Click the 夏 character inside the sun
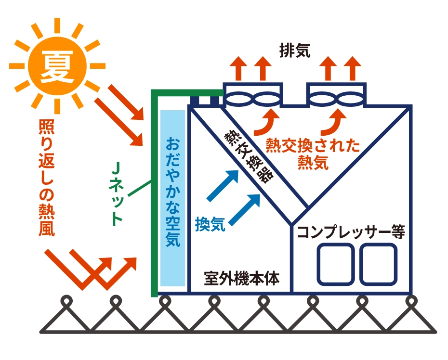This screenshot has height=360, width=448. pos(57,65)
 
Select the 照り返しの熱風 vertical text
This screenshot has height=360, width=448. pos(46,179)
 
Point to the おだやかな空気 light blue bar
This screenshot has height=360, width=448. pos(172,197)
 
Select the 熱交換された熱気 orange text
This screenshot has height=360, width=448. pos(313,154)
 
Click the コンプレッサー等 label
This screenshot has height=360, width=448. pos(351,232)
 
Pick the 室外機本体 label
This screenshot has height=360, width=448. pos(241,278)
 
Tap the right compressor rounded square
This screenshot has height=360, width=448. pos(379,264)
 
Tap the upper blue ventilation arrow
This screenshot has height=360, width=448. pos(224,185)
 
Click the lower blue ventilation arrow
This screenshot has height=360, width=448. pos(246,209)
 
